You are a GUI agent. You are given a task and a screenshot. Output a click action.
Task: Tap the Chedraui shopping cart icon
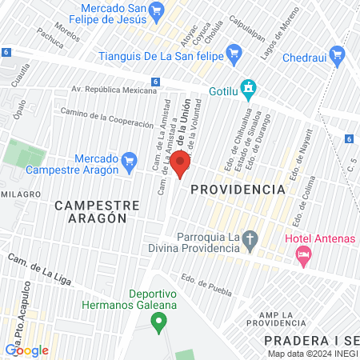pos(337,55)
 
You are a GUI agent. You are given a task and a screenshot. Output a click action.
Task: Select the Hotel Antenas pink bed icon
pos(303,256)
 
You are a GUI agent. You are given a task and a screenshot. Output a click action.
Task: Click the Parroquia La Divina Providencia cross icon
pos(250,238)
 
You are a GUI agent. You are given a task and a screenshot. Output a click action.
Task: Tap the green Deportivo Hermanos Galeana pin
pos(158,322)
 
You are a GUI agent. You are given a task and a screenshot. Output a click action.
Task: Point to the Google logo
pos(26,350)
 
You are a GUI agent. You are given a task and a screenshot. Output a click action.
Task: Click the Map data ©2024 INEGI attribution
pos(312,354)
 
